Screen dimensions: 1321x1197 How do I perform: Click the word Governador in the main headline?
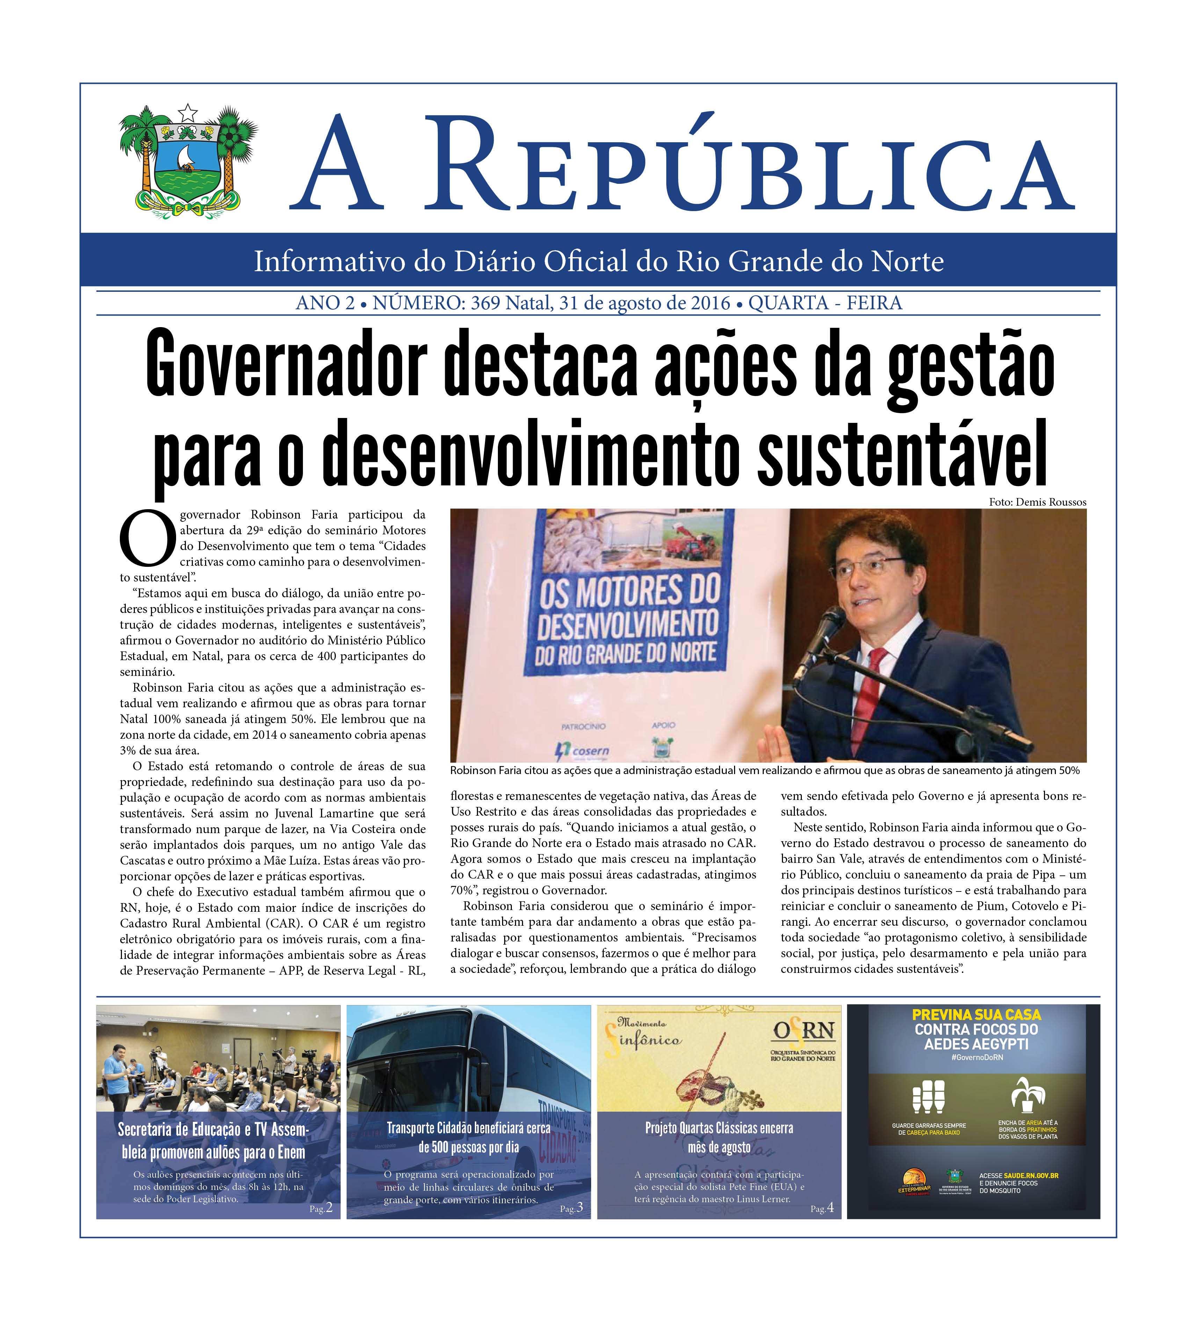pyautogui.click(x=286, y=364)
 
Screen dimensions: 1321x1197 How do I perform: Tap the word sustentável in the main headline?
pyautogui.click(x=902, y=452)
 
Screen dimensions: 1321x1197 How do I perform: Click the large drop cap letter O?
pyautogui.click(x=147, y=539)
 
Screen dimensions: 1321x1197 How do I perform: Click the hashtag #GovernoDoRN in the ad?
pyautogui.click(x=976, y=1057)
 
